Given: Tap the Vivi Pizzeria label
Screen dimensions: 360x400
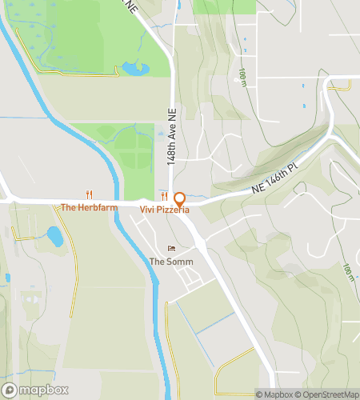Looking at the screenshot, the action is tap(165, 210).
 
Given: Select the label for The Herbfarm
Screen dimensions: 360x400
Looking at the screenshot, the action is tap(89, 207).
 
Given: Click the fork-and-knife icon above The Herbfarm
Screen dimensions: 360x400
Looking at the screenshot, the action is tap(90, 194).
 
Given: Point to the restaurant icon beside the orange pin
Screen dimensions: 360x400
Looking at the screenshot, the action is tap(164, 196).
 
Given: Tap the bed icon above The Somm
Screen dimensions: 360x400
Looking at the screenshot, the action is tap(169, 249).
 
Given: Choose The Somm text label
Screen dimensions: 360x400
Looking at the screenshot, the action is tap(168, 262).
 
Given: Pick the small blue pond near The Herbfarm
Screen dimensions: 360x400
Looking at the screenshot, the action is tap(54, 237).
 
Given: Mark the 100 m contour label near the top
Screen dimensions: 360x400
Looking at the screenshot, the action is tap(242, 77).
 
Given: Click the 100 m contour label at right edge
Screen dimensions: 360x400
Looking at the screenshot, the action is tap(350, 273).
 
